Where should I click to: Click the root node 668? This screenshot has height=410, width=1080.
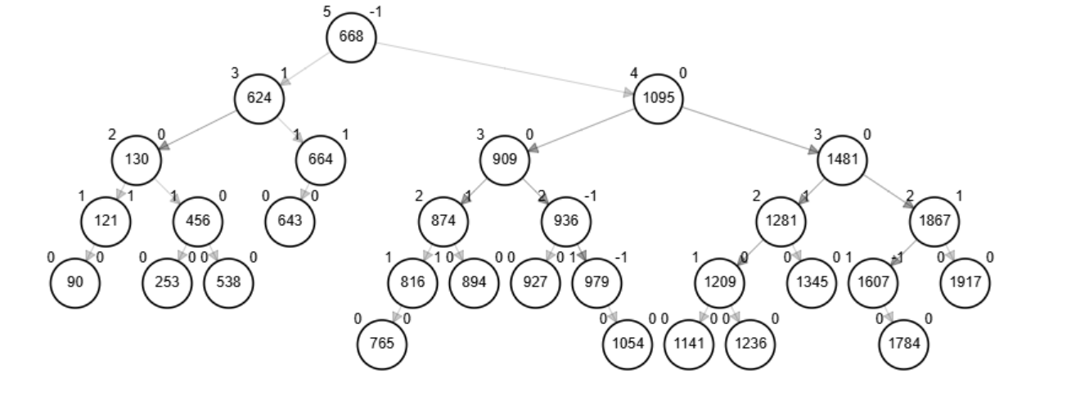pyautogui.click(x=351, y=37)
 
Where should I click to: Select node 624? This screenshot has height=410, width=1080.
pyautogui.click(x=259, y=98)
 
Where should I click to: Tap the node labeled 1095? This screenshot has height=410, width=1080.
pyautogui.click(x=658, y=98)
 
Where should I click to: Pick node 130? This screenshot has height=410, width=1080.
pyautogui.click(x=137, y=160)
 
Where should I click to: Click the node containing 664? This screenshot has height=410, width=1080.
pyautogui.click(x=321, y=160)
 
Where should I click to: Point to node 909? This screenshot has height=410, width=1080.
pyautogui.click(x=505, y=160)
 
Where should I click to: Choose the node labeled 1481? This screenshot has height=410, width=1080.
pyautogui.click(x=842, y=160)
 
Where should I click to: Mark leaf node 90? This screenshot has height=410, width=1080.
pyautogui.click(x=74, y=282)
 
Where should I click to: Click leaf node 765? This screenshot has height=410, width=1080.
pyautogui.click(x=382, y=344)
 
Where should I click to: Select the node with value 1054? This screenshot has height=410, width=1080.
pyautogui.click(x=628, y=344)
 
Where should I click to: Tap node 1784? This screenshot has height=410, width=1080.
pyautogui.click(x=903, y=344)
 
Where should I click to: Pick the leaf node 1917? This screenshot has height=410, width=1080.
pyautogui.click(x=965, y=282)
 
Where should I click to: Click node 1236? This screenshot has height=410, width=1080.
pyautogui.click(x=750, y=344)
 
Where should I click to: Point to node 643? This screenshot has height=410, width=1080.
pyautogui.click(x=290, y=221)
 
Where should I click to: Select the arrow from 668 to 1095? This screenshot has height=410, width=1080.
pyautogui.click(x=505, y=67)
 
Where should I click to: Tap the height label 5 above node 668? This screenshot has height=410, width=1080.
pyautogui.click(x=327, y=11)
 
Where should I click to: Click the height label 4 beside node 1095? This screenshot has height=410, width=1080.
pyautogui.click(x=633, y=73)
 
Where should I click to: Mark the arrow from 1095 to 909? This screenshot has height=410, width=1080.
pyautogui.click(x=581, y=129)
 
